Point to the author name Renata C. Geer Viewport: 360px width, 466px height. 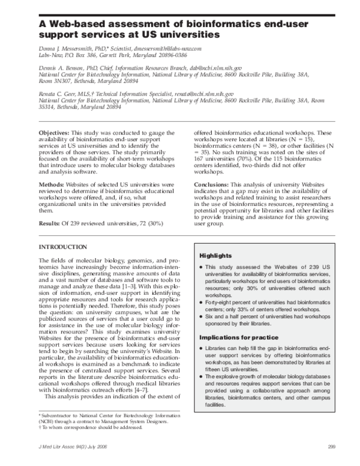pos(58,95)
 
